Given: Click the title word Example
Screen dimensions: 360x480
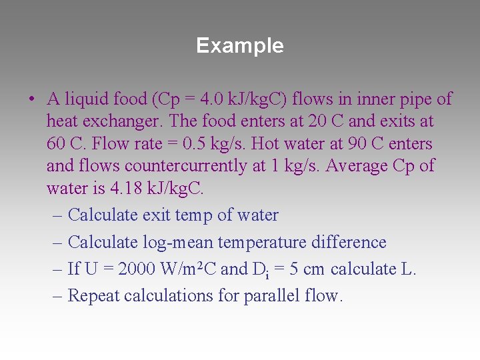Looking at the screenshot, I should [x=240, y=45].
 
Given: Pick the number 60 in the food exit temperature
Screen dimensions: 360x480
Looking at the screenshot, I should [x=57, y=144].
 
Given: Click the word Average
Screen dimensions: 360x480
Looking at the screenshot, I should [x=357, y=166].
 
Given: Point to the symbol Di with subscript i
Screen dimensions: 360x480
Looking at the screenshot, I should [x=260, y=269].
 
